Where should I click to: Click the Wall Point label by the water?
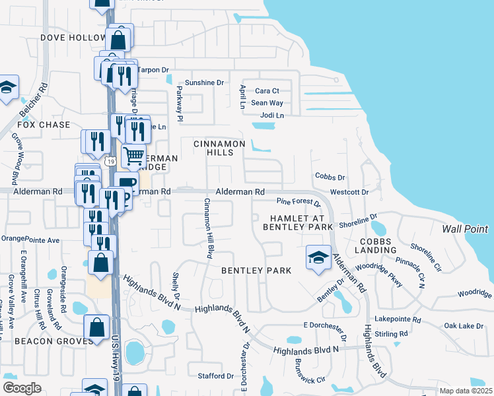click(x=464, y=230)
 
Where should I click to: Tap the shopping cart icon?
click(x=133, y=156)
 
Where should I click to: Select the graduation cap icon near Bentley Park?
click(x=318, y=257)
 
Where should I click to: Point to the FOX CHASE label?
click(x=44, y=125)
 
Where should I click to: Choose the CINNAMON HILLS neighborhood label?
click(x=219, y=148)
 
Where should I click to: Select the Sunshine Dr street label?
click(x=205, y=82)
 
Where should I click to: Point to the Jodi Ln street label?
click(x=271, y=115)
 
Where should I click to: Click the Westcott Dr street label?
click(x=349, y=192)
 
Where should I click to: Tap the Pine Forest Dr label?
click(x=298, y=203)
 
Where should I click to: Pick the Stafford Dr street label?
click(x=216, y=376)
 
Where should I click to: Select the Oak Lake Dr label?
click(x=464, y=325)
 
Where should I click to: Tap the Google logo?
click(x=22, y=388)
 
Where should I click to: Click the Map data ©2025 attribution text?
click(x=465, y=391)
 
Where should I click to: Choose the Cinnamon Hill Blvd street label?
click(x=209, y=228)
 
